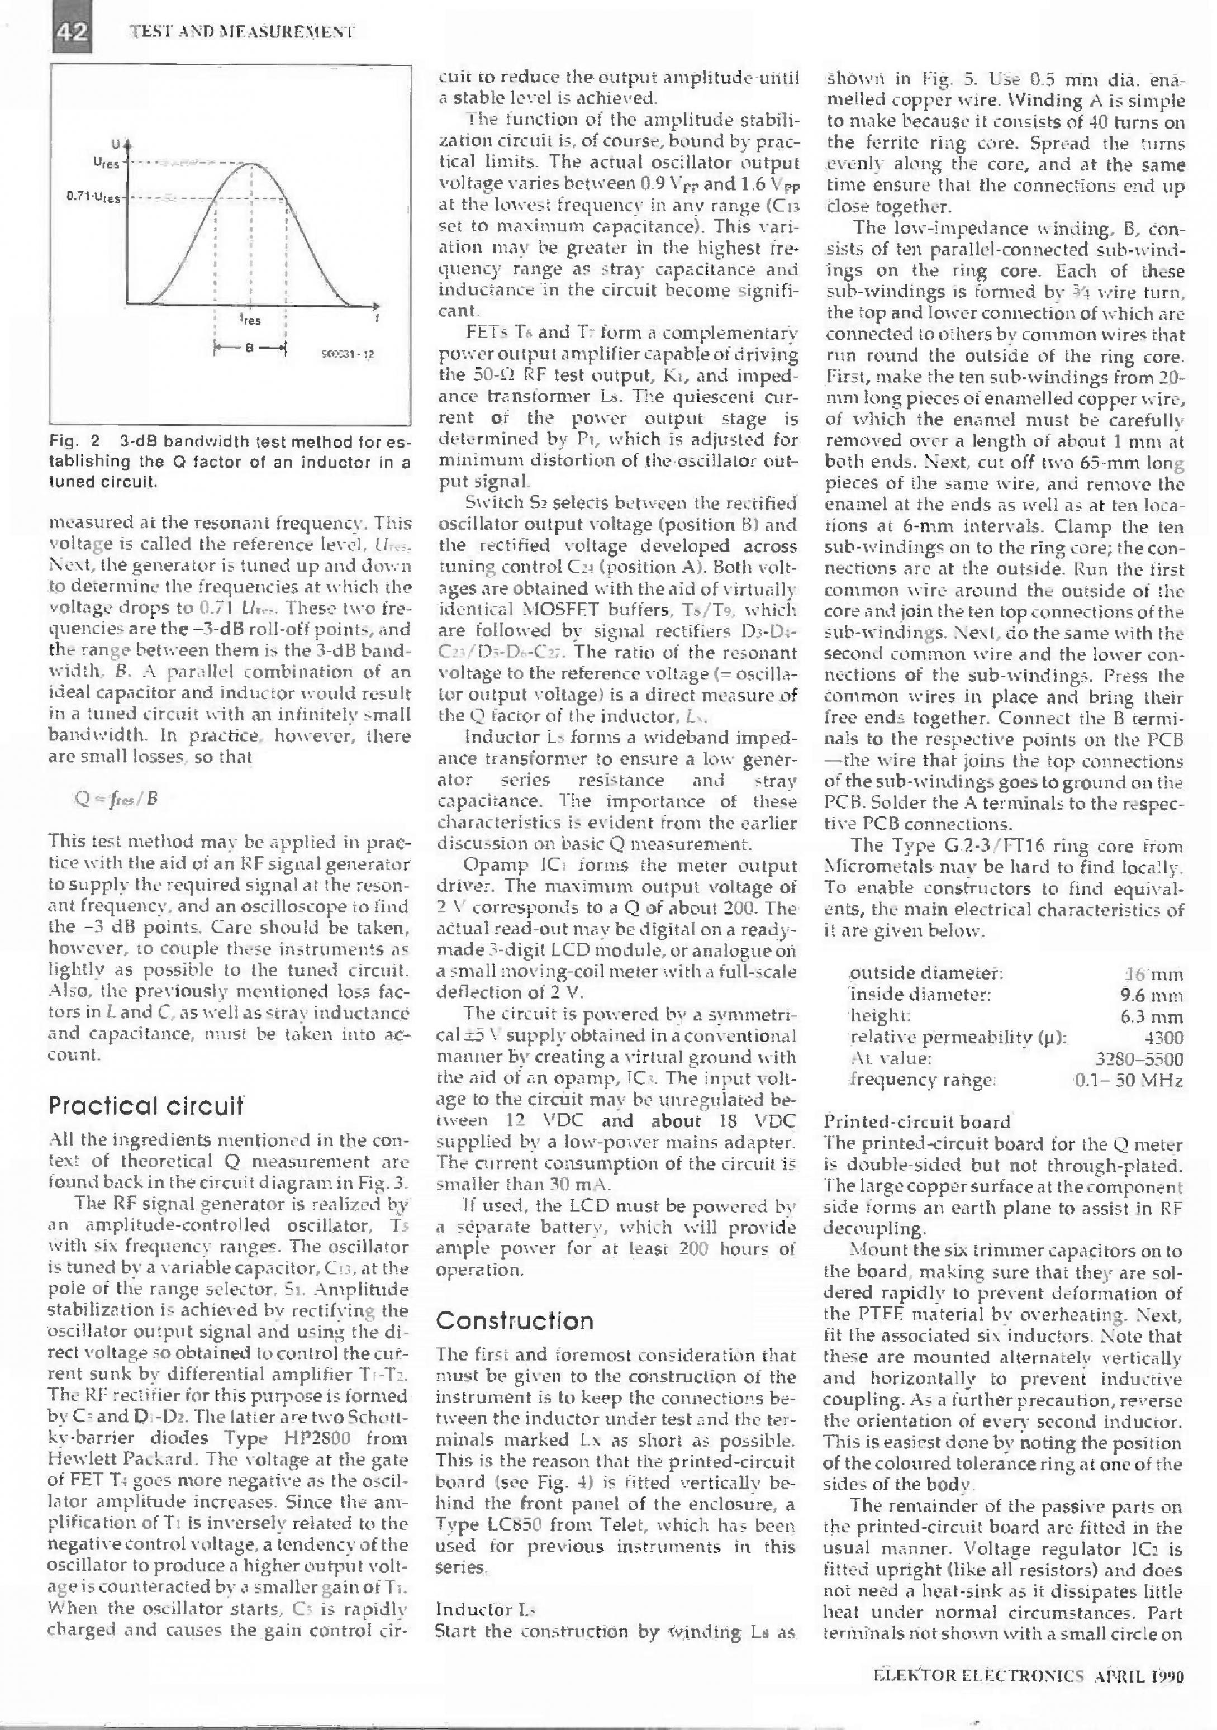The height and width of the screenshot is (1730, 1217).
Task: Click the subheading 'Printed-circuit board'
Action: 916,1123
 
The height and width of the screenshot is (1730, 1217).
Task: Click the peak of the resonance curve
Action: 251,164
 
